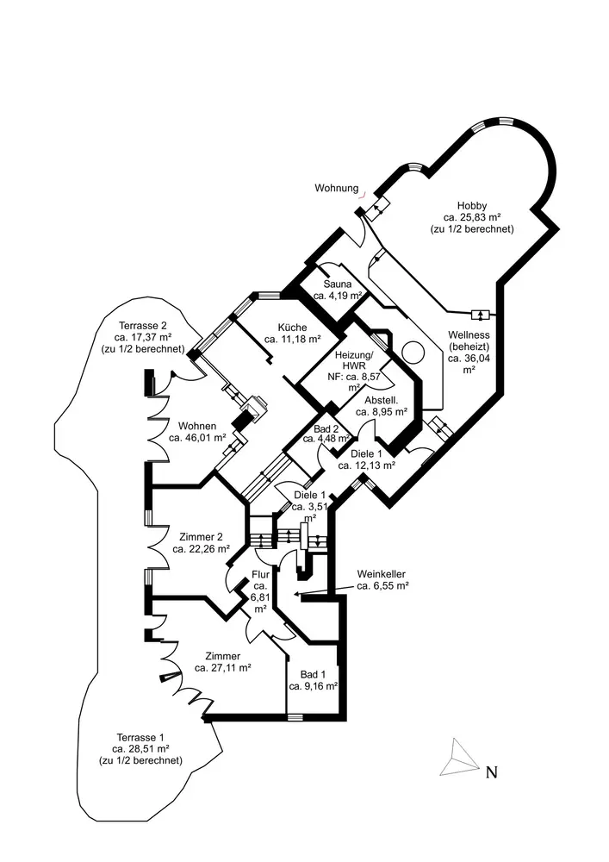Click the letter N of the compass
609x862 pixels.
492,772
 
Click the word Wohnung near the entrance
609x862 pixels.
337,187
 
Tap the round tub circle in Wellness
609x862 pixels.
413,354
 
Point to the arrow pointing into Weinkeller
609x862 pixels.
323,591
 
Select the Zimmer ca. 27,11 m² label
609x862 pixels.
222,662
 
